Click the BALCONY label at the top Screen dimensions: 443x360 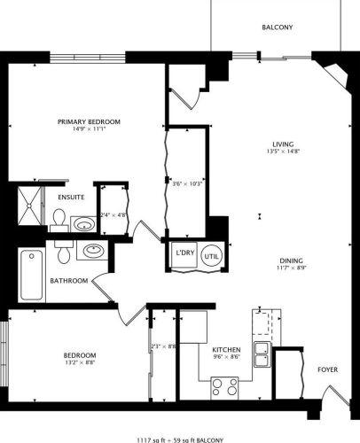coord(277,27)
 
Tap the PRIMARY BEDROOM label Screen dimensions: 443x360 coord(89,121)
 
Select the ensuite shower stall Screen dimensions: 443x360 coord(31,204)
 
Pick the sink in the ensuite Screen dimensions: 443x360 coord(84,223)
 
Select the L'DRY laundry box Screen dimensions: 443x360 coord(185,253)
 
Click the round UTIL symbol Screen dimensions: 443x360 coord(211,253)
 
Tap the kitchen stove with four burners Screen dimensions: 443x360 coord(224,386)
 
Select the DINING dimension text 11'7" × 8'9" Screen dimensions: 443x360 coord(289,268)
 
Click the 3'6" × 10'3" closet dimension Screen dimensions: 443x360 coord(188,184)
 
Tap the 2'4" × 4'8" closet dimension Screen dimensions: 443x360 coord(113,214)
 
